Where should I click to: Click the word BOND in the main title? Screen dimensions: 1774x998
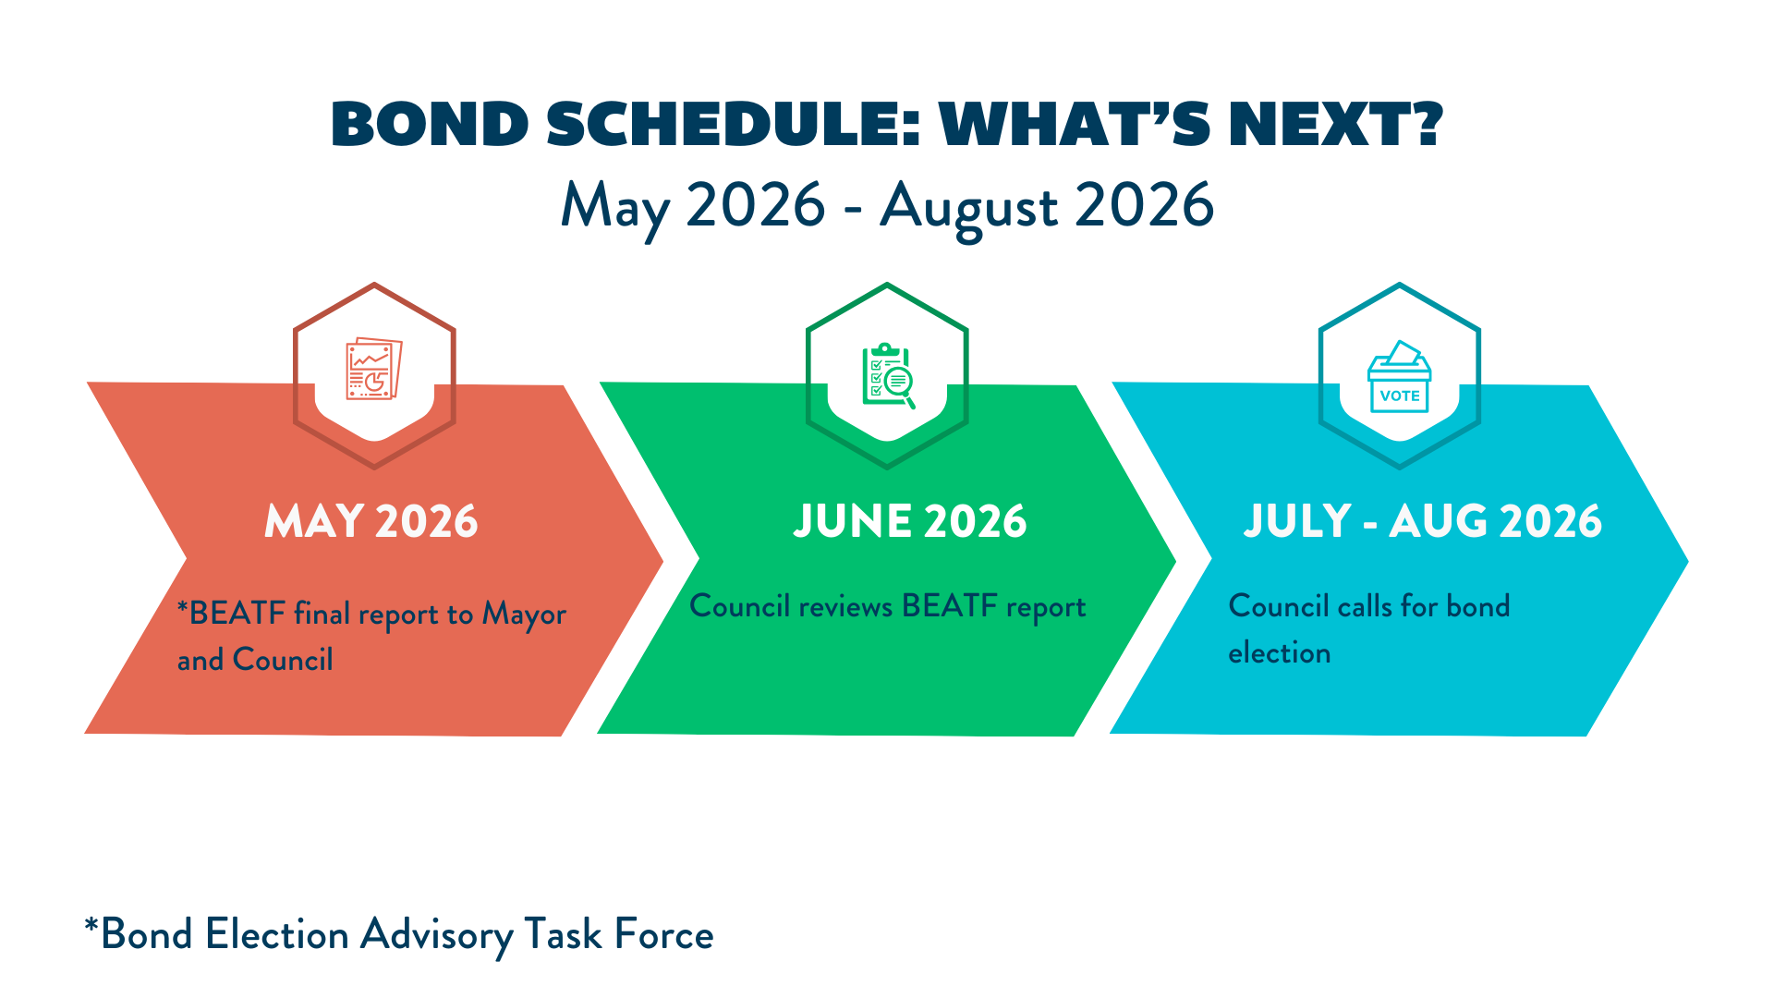coord(431,124)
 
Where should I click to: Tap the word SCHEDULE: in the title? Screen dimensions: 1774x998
coord(735,124)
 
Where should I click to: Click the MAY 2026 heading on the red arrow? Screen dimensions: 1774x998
coord(371,521)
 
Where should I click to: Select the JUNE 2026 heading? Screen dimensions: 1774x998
coord(910,521)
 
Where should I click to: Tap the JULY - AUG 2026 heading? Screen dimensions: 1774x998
coord(1423,521)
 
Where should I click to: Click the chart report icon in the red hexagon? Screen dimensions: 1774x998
coord(374,369)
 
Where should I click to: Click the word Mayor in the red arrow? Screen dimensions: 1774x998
coord(524,615)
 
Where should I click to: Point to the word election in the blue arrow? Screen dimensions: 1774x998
coord(1280,652)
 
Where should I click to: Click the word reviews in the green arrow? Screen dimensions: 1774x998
coord(845,607)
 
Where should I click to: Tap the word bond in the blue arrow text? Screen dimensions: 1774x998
coord(1478,605)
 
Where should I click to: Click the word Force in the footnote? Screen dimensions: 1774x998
coord(664,934)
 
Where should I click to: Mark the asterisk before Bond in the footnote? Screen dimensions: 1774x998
coord(91,924)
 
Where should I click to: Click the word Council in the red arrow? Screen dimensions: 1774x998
coord(283,660)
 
